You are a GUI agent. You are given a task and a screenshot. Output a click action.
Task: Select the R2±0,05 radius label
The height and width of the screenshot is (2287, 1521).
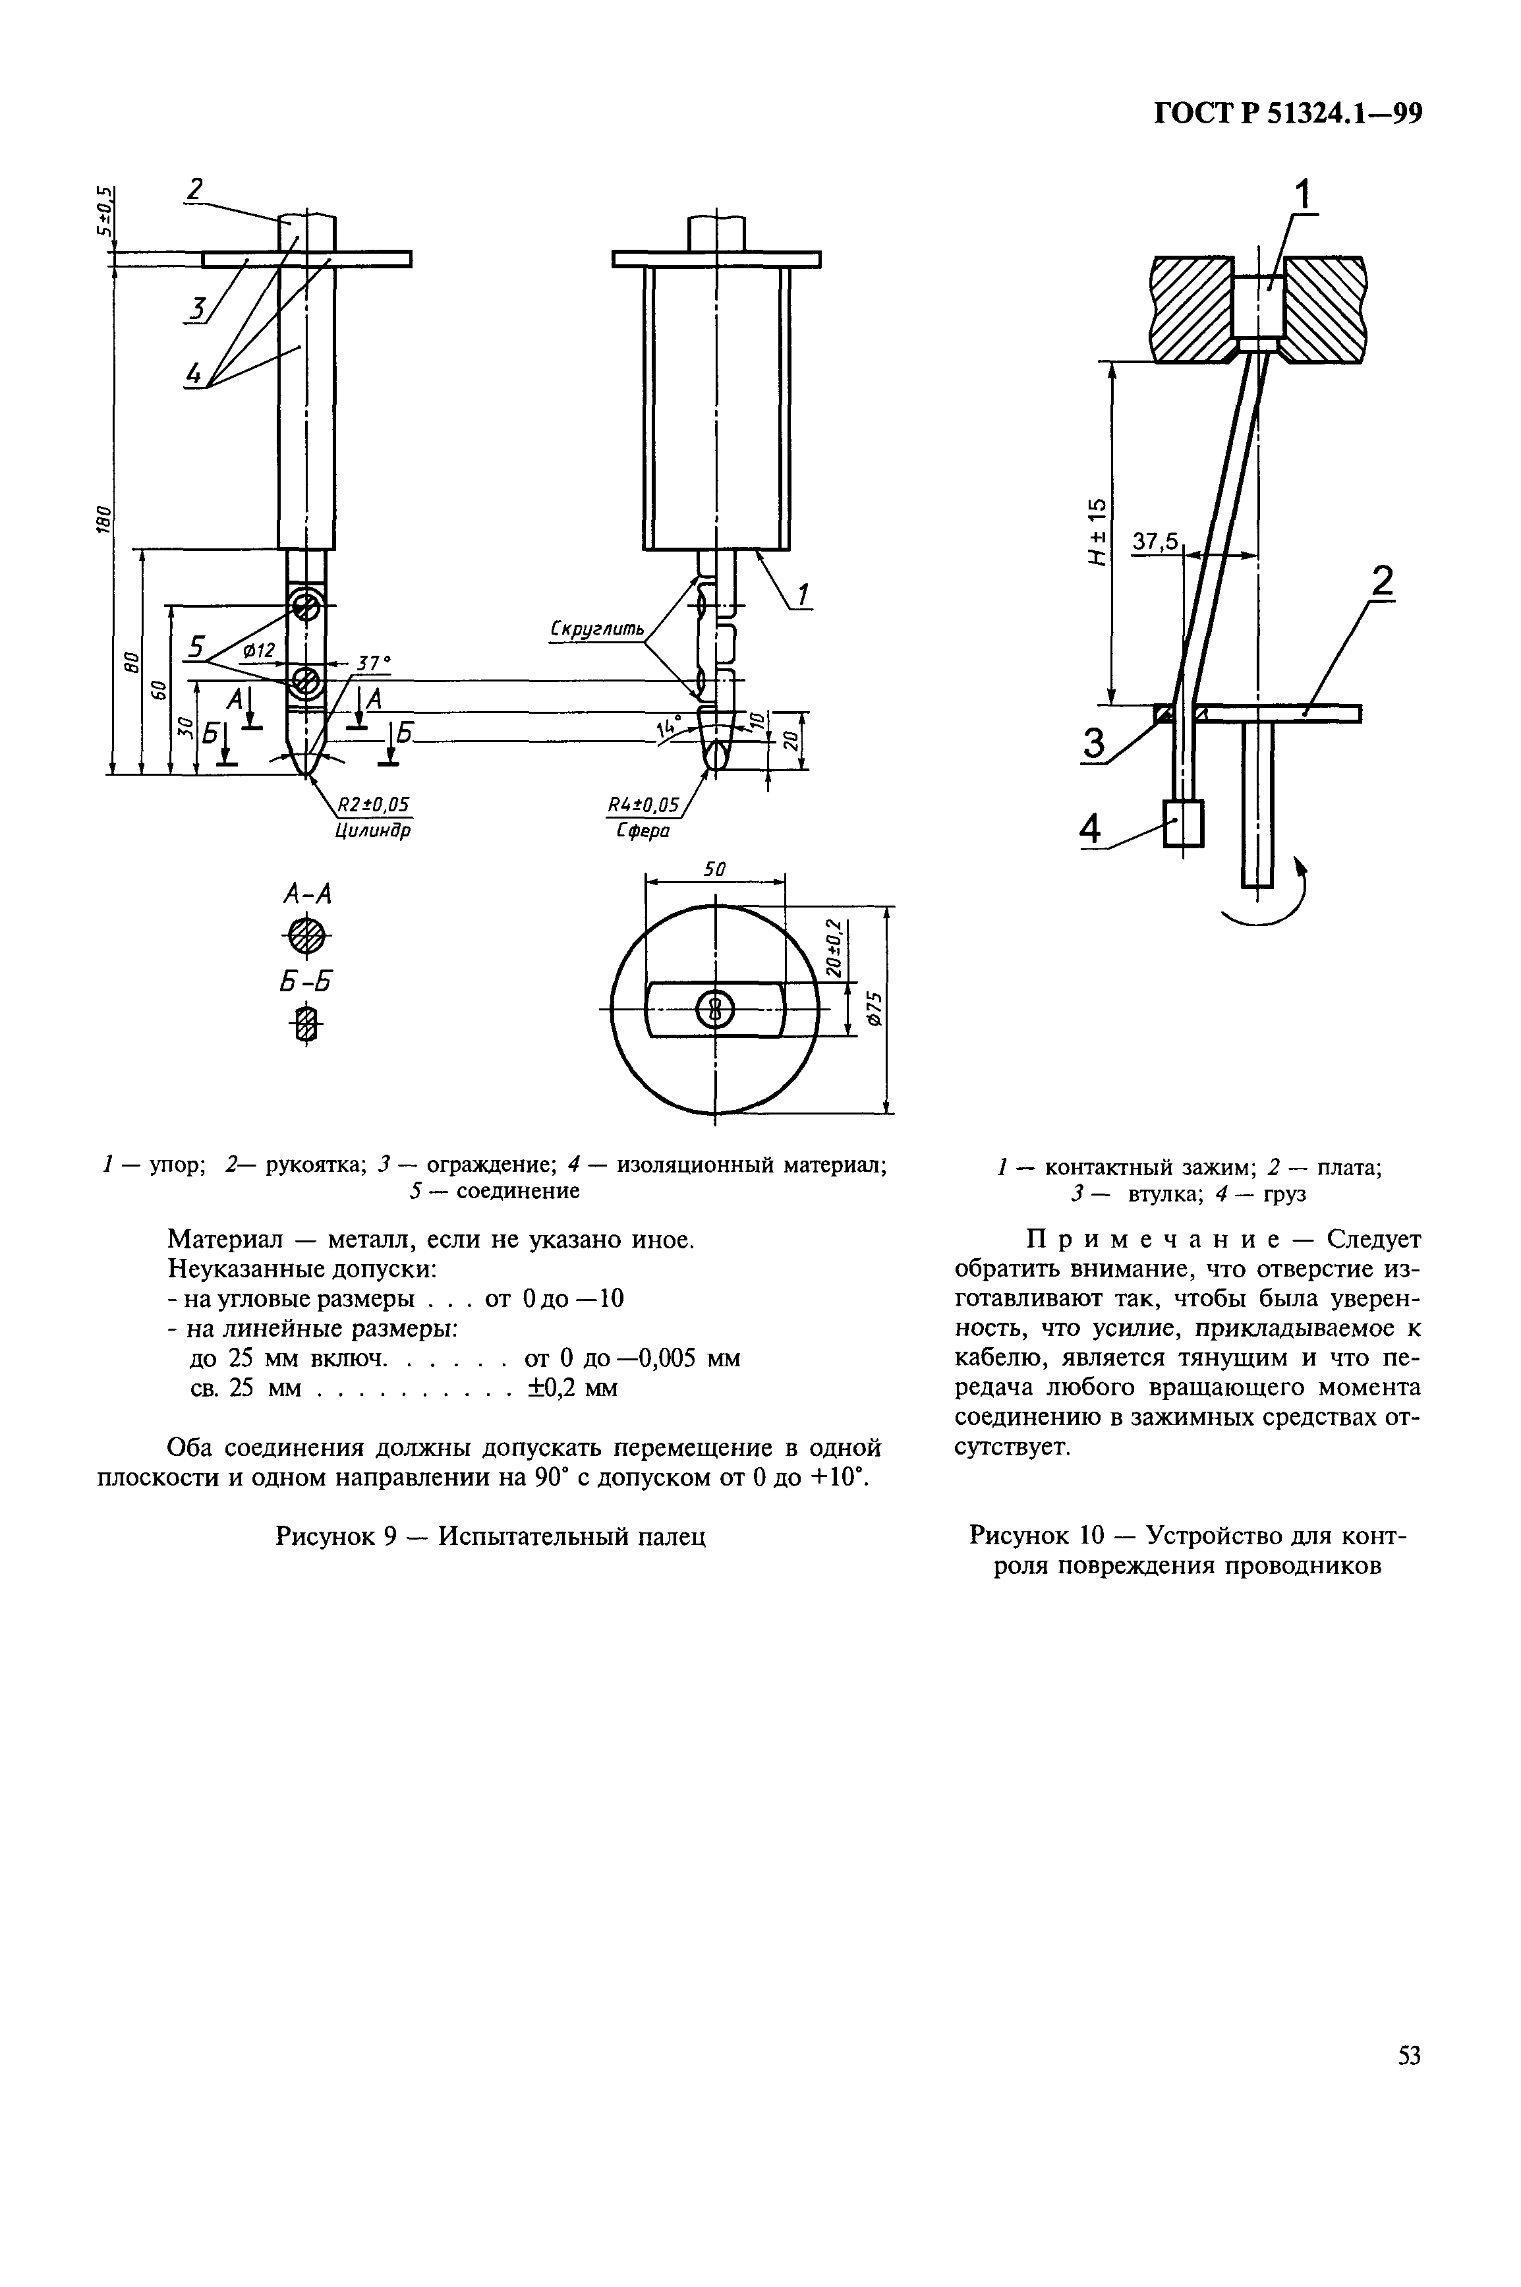372,804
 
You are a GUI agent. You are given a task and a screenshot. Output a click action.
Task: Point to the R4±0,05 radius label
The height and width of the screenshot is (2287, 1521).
643,804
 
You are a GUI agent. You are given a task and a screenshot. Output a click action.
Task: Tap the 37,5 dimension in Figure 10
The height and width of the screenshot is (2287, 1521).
1155,541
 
